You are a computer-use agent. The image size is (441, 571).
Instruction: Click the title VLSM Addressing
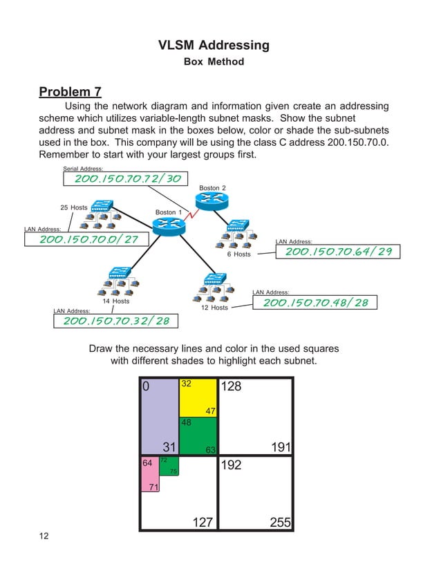pyautogui.click(x=214, y=46)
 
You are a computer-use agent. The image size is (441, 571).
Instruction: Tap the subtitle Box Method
pyautogui.click(x=214, y=62)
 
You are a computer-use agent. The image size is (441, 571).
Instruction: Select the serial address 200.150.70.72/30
pyautogui.click(x=128, y=179)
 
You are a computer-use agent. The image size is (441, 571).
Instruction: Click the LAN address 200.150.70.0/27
pyautogui.click(x=88, y=239)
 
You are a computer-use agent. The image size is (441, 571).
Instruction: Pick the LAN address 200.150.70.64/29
pyautogui.click(x=338, y=252)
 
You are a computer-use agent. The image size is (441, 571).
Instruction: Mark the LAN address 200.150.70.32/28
pyautogui.click(x=116, y=321)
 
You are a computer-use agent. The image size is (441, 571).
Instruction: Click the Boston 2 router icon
pyautogui.click(x=212, y=201)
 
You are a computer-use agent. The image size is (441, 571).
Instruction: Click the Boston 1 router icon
pyautogui.click(x=168, y=225)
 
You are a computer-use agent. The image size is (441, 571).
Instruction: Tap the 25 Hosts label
pyautogui.click(x=73, y=207)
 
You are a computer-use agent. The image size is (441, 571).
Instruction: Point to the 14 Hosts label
pyautogui.click(x=115, y=301)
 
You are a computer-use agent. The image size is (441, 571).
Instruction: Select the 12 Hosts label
pyautogui.click(x=214, y=308)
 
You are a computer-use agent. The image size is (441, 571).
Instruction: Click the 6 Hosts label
pyautogui.click(x=239, y=254)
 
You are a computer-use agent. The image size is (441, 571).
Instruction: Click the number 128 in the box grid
pyautogui.click(x=231, y=387)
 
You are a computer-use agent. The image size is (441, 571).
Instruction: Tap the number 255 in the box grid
pyautogui.click(x=280, y=523)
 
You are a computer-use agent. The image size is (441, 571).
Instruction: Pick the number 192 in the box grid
pyautogui.click(x=231, y=466)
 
